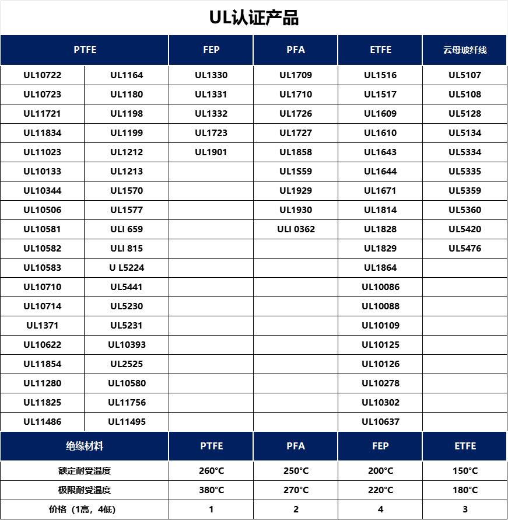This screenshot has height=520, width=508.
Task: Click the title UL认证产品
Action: pyautogui.click(x=254, y=18)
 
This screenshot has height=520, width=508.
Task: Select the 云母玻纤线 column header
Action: pyautogui.click(x=465, y=50)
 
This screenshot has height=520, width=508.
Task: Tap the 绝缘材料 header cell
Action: pyautogui.click(x=85, y=446)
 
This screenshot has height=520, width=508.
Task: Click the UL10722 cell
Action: pyautogui.click(x=42, y=75)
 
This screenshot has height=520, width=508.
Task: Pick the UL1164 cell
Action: pyautogui.click(x=127, y=75)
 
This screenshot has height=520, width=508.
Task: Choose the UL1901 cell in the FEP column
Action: pyautogui.click(x=211, y=152)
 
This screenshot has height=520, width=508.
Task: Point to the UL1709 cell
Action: pyautogui.click(x=296, y=75)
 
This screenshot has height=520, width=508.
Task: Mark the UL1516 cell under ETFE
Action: pyautogui.click(x=380, y=75)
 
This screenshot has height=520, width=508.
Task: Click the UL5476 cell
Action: pyautogui.click(x=465, y=249)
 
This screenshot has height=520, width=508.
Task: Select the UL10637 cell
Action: pyautogui.click(x=380, y=422)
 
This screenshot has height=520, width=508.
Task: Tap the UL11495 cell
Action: pyautogui.click(x=127, y=422)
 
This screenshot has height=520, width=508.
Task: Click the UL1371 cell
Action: pyautogui.click(x=42, y=326)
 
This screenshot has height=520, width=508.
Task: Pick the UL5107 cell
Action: pyautogui.click(x=465, y=75)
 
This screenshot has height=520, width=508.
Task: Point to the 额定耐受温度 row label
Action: pyautogui.click(x=85, y=471)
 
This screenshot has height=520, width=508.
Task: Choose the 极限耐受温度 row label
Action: pyautogui.click(x=85, y=490)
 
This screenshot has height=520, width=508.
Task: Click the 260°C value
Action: pyautogui.click(x=211, y=471)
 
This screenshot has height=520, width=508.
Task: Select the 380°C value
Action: pyautogui.click(x=211, y=490)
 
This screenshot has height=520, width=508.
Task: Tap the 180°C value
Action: pyautogui.click(x=465, y=490)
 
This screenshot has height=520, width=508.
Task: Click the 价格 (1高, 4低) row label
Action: pyautogui.click(x=85, y=509)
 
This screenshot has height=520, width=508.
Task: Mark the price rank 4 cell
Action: pyautogui.click(x=380, y=509)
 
